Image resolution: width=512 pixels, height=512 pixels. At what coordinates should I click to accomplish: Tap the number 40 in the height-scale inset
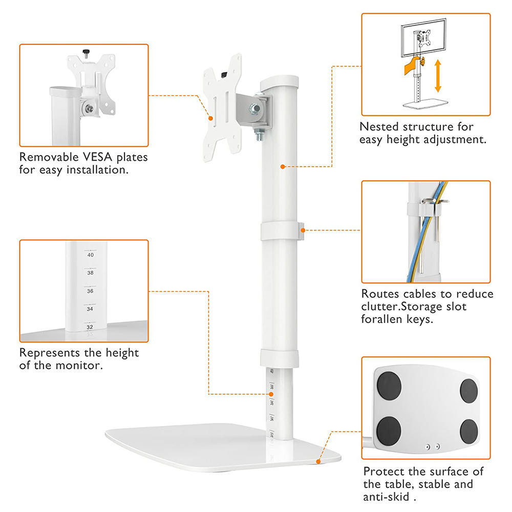tap(90, 254)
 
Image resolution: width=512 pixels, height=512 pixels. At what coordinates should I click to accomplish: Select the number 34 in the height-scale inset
tap(90, 309)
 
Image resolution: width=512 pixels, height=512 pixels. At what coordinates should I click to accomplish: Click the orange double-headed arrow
tap(438, 75)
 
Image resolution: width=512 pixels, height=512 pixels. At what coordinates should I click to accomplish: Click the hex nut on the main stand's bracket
tap(254, 108)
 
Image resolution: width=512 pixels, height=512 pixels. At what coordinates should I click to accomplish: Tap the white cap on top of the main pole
tap(279, 82)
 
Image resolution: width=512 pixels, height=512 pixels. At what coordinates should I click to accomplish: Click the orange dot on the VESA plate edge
tap(211, 117)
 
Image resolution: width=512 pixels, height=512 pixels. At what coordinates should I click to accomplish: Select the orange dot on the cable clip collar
tap(303, 230)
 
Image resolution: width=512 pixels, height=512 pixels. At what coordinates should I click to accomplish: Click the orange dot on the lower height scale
tap(271, 394)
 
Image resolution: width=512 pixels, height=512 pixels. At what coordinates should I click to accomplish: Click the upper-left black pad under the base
tap(390, 387)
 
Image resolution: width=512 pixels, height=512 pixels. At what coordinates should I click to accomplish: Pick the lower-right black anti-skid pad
tap(468, 431)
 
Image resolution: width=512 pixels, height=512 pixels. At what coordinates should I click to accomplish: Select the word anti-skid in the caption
tap(389, 497)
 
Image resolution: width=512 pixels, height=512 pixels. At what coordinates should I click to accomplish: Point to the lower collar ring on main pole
tap(279, 358)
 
